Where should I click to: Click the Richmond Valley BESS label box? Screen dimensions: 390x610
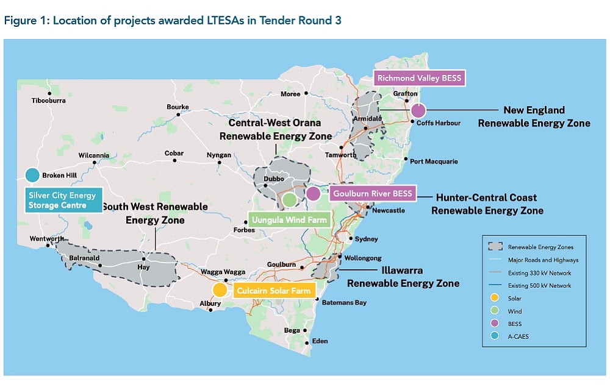click(419, 78)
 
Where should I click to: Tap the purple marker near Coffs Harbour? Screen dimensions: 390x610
click(418, 111)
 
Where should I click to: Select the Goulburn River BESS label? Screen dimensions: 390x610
click(372, 194)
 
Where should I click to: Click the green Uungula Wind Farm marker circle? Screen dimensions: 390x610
click(290, 199)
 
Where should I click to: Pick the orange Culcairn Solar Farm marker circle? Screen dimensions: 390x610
click(219, 290)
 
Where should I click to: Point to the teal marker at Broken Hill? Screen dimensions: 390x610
click(32, 175)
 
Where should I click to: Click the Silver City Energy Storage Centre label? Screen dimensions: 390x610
click(64, 200)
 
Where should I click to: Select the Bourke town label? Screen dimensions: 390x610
click(178, 107)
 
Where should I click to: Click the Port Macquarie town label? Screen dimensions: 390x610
click(434, 161)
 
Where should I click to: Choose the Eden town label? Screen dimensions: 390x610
click(320, 341)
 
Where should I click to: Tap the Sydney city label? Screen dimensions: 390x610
click(366, 239)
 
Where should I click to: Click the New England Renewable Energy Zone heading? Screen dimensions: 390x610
click(534, 116)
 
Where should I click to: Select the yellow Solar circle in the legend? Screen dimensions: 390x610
click(495, 297)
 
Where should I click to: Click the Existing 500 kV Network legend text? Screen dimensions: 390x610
click(540, 285)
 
